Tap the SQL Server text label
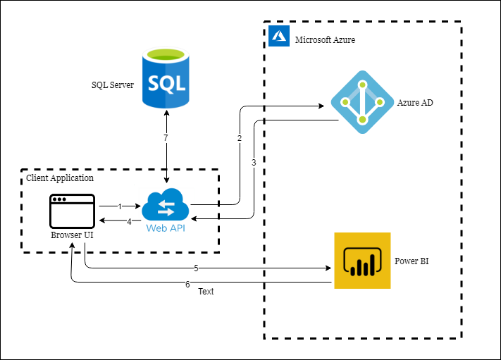pyautogui.click(x=113, y=85)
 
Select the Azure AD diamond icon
pyautogui.click(x=361, y=102)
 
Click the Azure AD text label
pyautogui.click(x=415, y=103)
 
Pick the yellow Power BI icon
pyautogui.click(x=362, y=261)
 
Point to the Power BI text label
pyautogui.click(x=412, y=261)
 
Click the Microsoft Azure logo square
pyautogui.click(x=280, y=36)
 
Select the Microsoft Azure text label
pyautogui.click(x=325, y=40)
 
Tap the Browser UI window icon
pyautogui.click(x=72, y=211)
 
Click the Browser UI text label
pyautogui.click(x=72, y=235)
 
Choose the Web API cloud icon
pyautogui.click(x=166, y=206)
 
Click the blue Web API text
pyautogui.click(x=166, y=228)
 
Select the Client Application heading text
pyautogui.click(x=60, y=178)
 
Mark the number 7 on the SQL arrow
pyautogui.click(x=166, y=138)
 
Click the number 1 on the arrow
pyautogui.click(x=120, y=206)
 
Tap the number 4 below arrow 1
pyautogui.click(x=129, y=221)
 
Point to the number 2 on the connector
pyautogui.click(x=240, y=138)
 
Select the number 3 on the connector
pyautogui.click(x=254, y=162)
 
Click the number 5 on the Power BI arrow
pyautogui.click(x=197, y=268)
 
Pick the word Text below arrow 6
pyautogui.click(x=206, y=291)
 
